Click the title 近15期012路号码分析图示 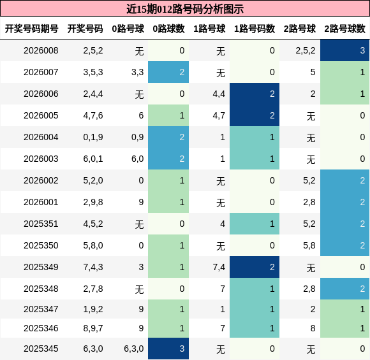tap(185, 9)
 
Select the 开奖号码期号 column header tap(32, 29)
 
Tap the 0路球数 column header tap(168, 29)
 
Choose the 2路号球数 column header tap(344, 29)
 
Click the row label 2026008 tap(41, 51)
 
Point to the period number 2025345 tap(41, 349)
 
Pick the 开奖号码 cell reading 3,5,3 tap(93, 73)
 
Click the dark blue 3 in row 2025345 tap(168, 349)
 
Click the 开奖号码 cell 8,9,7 tap(93, 328)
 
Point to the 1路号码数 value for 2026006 tap(254, 94)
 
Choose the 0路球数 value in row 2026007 tap(168, 73)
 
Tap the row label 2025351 tap(41, 224)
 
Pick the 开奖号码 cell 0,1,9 tap(93, 138)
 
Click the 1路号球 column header tap(209, 29)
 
